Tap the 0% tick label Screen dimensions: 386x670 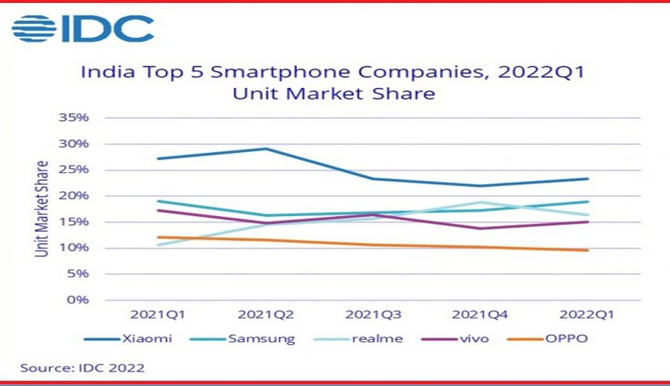pyautogui.click(x=80, y=300)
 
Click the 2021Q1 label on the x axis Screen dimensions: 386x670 pyautogui.click(x=159, y=314)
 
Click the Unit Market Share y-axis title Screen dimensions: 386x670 pyautogui.click(x=42, y=209)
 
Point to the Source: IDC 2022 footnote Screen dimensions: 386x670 pyautogui.click(x=82, y=368)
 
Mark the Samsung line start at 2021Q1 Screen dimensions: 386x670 pyautogui.click(x=159, y=201)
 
